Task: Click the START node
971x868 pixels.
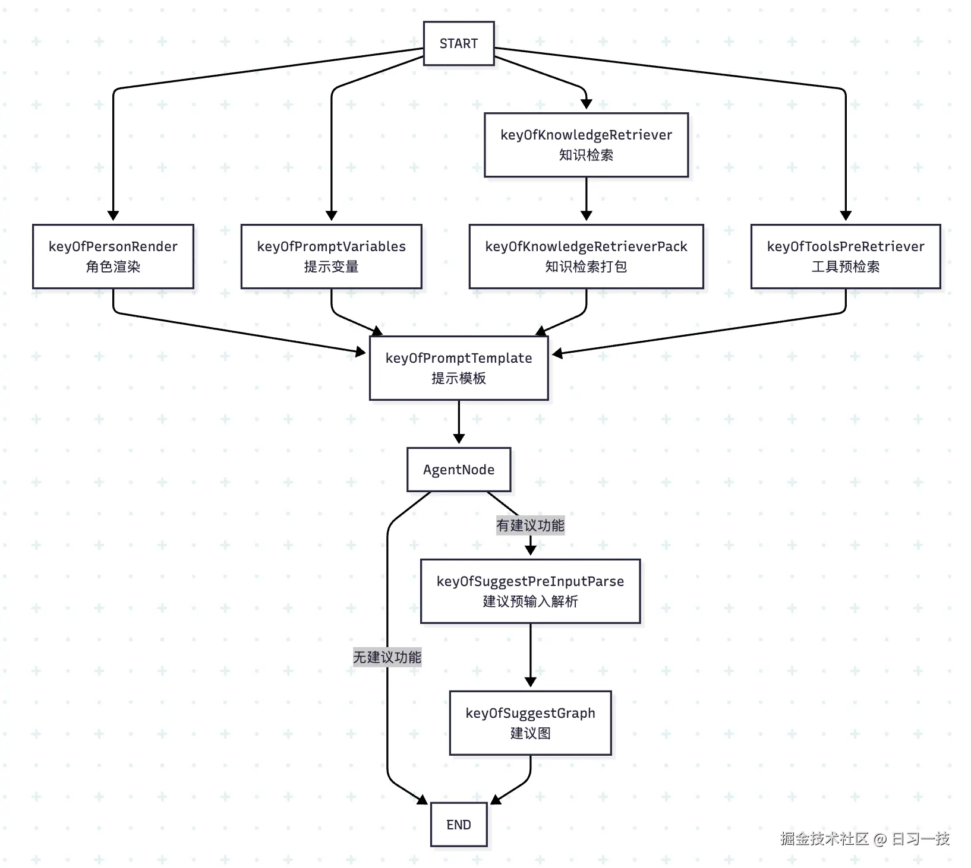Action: point(458,43)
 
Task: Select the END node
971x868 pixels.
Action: point(458,824)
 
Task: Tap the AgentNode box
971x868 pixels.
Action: point(458,470)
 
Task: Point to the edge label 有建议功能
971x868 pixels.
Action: point(530,525)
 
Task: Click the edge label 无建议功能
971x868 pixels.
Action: point(387,657)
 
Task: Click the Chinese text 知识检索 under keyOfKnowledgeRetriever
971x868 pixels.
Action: point(586,155)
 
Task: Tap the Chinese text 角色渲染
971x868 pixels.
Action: point(113,267)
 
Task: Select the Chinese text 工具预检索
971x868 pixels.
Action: point(845,267)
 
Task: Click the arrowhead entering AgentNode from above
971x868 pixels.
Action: point(459,439)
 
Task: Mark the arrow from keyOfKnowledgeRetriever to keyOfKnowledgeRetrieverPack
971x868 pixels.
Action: point(586,199)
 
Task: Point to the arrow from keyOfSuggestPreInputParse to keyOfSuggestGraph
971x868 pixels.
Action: point(530,653)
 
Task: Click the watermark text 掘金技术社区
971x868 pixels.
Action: point(824,838)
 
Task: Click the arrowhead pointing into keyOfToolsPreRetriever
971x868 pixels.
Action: point(846,216)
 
